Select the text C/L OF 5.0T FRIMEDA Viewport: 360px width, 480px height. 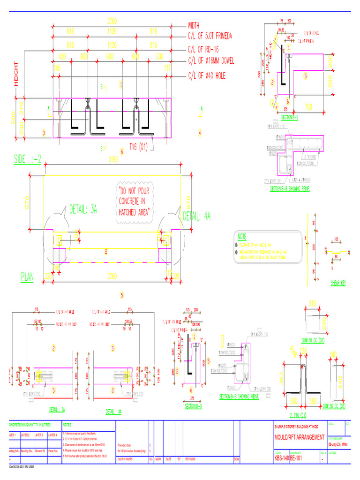pos(210,36)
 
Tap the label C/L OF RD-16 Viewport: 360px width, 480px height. pos(203,49)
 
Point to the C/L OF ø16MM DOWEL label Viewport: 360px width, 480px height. pos(211,61)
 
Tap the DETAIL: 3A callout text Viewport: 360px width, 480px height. pos(83,209)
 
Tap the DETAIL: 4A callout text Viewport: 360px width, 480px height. pos(196,216)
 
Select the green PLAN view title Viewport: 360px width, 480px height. pos(27,277)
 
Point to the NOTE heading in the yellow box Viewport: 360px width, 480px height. pos(242,236)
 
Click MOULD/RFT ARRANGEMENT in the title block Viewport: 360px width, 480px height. pos(299,437)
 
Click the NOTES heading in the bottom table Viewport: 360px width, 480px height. pos(67,424)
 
